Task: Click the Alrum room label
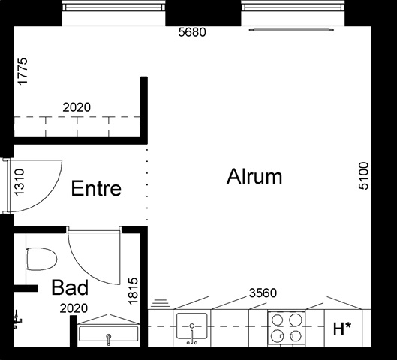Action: click(254, 176)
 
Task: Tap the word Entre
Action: click(96, 188)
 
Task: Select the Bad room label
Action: click(70, 287)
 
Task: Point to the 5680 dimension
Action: click(192, 32)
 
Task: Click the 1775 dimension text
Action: click(23, 71)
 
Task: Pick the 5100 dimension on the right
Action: click(363, 175)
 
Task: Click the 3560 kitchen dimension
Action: click(263, 293)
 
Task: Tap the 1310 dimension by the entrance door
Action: click(20, 182)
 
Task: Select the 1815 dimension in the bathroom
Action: click(133, 291)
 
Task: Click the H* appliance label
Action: click(342, 328)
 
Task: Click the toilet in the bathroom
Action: click(41, 259)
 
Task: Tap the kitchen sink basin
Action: click(191, 325)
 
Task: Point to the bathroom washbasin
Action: click(109, 334)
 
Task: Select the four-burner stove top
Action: click(287, 328)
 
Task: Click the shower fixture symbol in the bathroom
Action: click(18, 319)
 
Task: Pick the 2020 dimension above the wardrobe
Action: click(77, 107)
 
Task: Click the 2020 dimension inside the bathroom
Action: click(74, 308)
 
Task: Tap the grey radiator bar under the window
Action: click(291, 30)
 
